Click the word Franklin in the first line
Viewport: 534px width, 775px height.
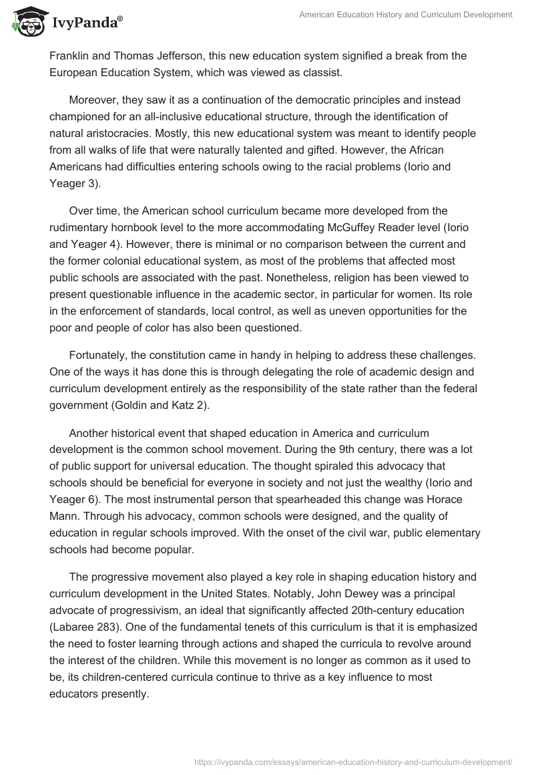73,55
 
